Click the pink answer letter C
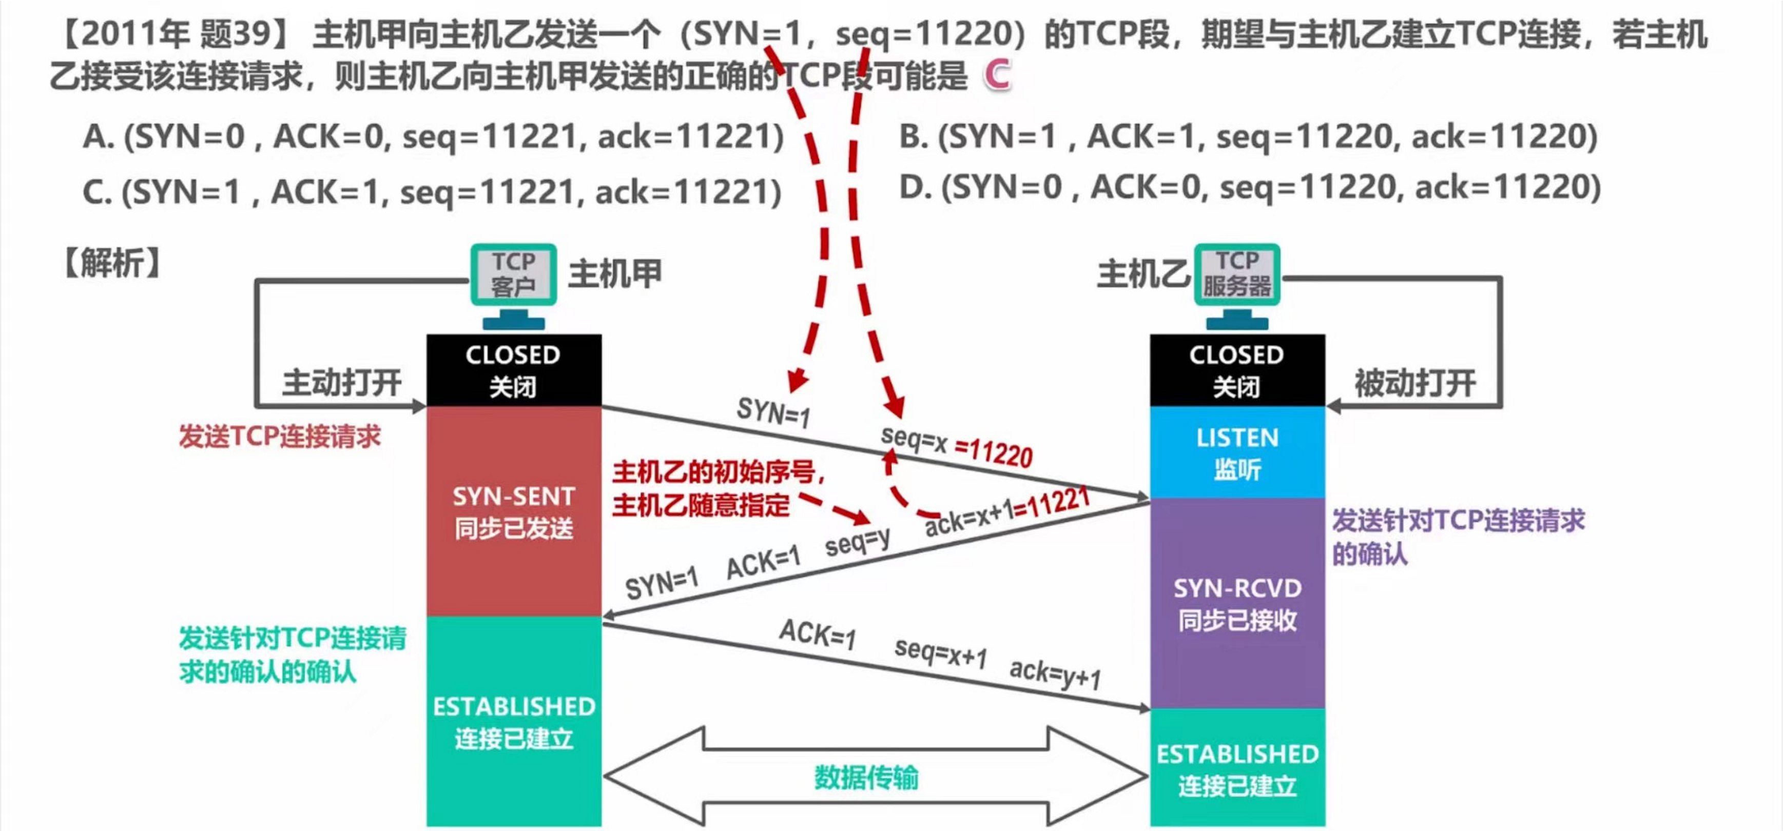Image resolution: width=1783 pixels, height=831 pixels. pos(997,75)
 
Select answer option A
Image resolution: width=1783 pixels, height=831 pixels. pos(433,136)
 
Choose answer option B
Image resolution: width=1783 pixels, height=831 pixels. pos(1248,136)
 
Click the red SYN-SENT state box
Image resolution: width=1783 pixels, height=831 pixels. pos(514,511)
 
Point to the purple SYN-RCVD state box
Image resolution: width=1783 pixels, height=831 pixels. pos(1237,603)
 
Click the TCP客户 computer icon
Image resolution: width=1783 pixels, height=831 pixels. pos(514,275)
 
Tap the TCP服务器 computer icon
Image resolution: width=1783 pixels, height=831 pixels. pos(1237,275)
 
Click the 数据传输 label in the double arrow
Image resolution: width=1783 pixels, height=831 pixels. pos(866,778)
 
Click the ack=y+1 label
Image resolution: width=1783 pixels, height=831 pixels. pos(1055,674)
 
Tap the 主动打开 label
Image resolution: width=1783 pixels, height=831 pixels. pos(342,383)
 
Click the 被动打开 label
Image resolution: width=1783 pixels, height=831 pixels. pos(1415,383)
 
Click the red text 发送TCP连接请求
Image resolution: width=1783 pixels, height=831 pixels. pos(280,437)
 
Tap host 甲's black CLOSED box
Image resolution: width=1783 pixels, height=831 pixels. pos(514,370)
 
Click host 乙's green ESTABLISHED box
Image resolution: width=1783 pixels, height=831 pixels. pos(1237,768)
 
